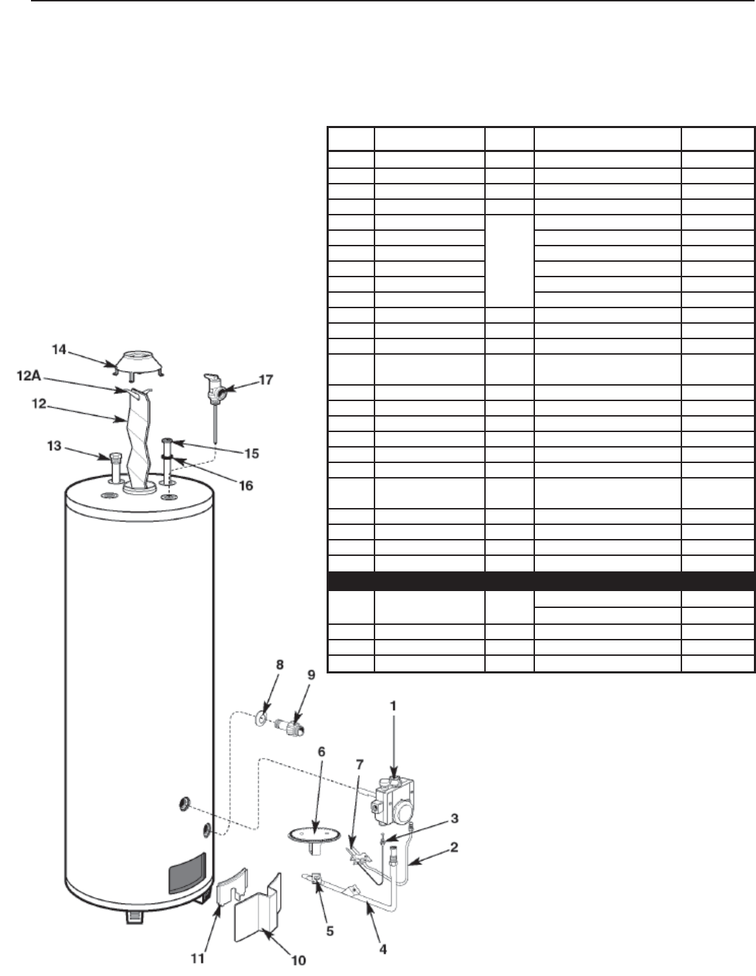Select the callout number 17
[265, 379]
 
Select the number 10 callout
[298, 959]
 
